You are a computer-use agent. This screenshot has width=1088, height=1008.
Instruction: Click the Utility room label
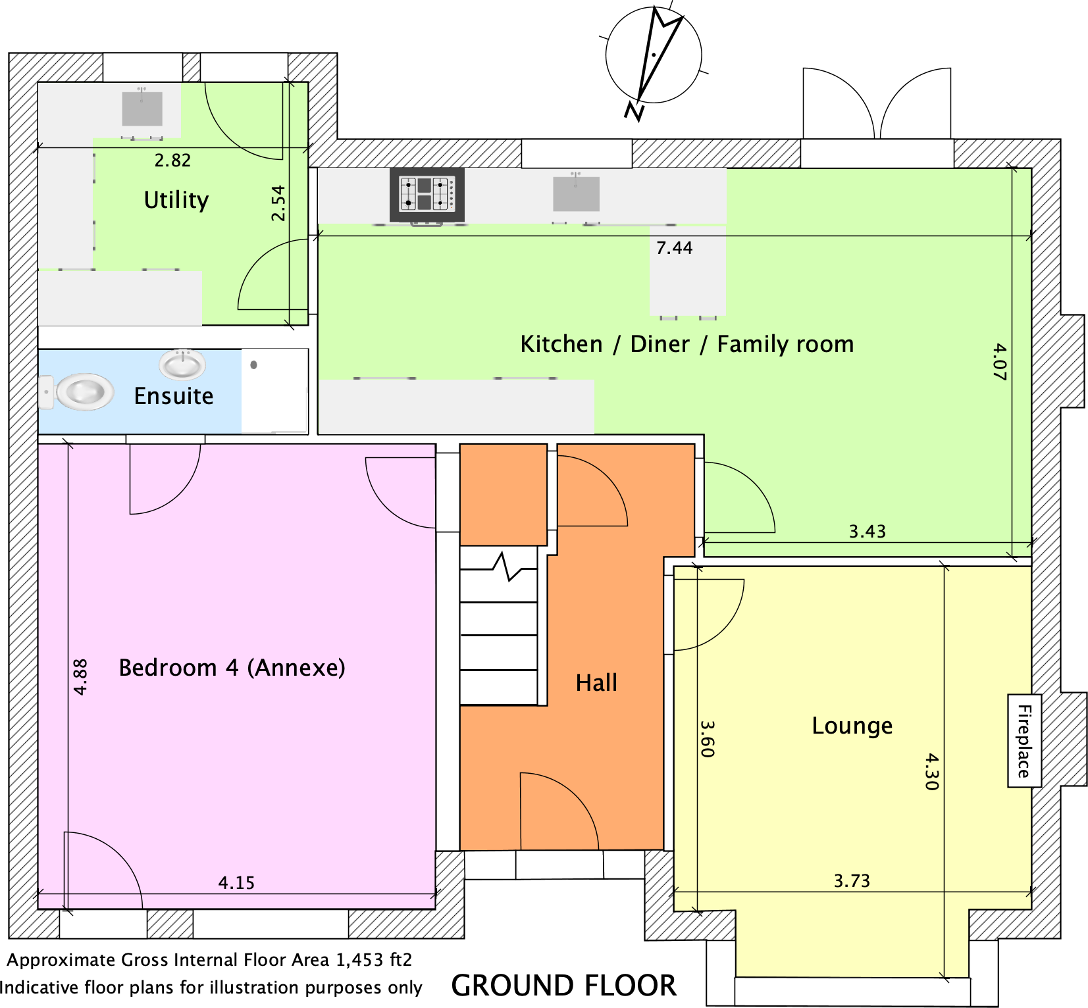point(176,200)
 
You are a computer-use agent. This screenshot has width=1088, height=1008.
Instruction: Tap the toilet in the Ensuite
point(77,392)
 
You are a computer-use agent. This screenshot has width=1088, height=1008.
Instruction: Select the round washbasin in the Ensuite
point(182,365)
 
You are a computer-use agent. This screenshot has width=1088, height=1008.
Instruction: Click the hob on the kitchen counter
point(427,195)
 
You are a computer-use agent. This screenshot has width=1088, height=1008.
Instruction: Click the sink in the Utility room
point(142,108)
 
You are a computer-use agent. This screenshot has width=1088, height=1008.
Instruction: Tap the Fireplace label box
point(1025,741)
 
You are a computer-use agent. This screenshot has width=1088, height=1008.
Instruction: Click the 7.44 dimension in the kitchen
point(675,248)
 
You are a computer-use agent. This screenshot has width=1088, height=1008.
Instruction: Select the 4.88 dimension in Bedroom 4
point(80,677)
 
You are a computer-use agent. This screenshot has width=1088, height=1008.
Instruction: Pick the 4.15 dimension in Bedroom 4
point(236,883)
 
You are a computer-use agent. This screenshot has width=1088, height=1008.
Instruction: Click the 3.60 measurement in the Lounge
point(707,739)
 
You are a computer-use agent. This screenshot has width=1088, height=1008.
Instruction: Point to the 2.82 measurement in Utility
point(172,161)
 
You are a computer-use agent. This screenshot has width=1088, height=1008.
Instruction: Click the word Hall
point(596,683)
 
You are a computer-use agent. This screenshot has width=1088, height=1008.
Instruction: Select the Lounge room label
point(852,726)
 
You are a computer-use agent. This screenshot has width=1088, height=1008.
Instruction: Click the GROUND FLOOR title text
point(564,986)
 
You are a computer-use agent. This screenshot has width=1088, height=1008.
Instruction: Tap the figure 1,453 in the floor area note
point(360,960)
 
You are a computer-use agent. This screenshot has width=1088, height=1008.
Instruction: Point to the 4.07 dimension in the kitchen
point(999,361)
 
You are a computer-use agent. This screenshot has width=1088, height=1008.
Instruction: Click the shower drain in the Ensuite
point(254,365)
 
